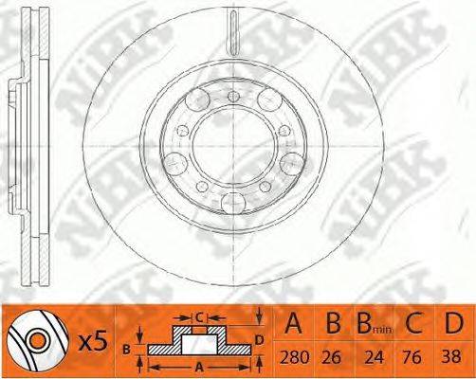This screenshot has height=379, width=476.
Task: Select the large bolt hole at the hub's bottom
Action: pos(231,201)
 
